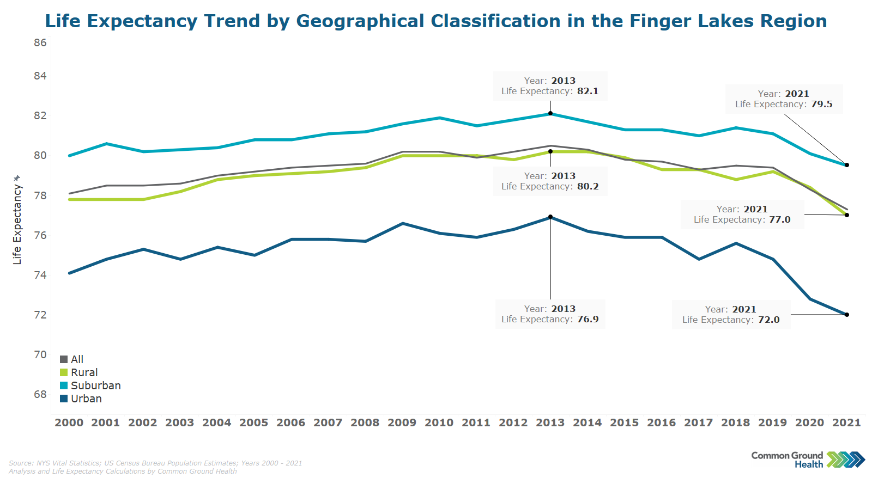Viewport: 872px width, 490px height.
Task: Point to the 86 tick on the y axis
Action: coord(40,42)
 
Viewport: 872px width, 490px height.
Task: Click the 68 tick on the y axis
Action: coord(40,394)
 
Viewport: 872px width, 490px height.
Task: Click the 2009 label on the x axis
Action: coord(402,422)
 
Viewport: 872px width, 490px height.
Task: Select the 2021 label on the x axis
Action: coord(846,422)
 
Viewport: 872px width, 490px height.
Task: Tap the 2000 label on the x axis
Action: coord(69,422)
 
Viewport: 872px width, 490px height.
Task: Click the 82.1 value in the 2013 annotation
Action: coord(588,91)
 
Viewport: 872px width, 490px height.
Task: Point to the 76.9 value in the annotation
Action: coord(588,319)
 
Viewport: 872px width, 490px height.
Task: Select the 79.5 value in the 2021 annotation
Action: coord(821,104)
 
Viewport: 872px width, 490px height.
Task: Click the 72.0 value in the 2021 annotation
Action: coord(768,320)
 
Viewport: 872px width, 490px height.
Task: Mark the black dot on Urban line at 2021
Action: coord(847,315)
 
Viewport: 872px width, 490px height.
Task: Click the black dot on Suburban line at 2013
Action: coord(550,113)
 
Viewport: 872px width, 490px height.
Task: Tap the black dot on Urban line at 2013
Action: coord(550,217)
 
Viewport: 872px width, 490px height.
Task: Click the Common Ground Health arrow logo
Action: coord(845,460)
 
